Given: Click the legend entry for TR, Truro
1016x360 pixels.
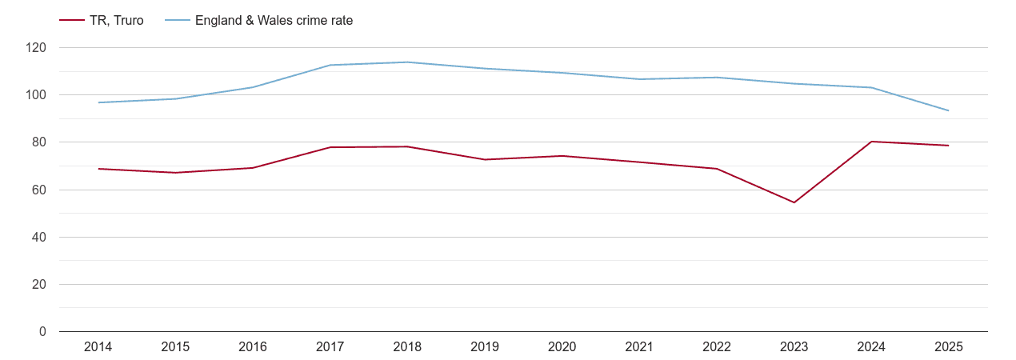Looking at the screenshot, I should point(117,21).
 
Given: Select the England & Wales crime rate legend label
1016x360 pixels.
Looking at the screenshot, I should point(274,21).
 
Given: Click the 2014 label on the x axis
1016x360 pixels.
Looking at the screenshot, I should point(98,346).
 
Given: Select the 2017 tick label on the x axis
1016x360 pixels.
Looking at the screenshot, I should point(330,346).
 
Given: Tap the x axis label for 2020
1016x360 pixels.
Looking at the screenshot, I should point(562,346).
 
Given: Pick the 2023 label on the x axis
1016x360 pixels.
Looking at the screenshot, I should point(794,346).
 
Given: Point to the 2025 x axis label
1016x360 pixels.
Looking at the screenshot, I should point(948,346).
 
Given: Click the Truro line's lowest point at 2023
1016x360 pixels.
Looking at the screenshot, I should point(794,202).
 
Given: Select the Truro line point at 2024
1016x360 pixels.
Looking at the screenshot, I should point(871,142).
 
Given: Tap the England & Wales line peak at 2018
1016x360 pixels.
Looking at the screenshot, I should point(407,62).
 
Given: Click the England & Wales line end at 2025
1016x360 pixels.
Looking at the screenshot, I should point(948,110).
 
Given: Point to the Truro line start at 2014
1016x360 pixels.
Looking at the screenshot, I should point(98,169).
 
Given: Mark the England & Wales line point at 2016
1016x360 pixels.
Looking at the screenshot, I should point(253,87).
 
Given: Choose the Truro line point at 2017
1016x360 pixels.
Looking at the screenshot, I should point(330,147).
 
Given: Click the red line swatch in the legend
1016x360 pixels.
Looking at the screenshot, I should point(72,21).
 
